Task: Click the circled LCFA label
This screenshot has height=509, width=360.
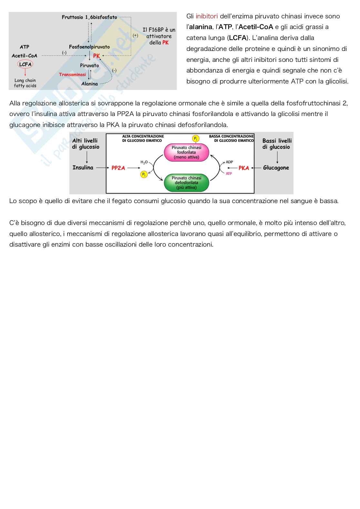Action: pyautogui.click(x=25, y=64)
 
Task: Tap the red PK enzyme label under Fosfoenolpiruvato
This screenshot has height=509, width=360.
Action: pyautogui.click(x=96, y=56)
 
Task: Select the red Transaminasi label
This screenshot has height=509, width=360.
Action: pyautogui.click(x=72, y=74)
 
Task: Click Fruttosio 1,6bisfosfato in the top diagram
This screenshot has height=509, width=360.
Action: pyautogui.click(x=89, y=17)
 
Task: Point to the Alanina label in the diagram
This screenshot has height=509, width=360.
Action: pyautogui.click(x=89, y=84)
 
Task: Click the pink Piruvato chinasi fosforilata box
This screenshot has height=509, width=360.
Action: pyautogui.click(x=186, y=152)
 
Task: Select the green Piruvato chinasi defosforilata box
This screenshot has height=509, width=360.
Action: pyautogui.click(x=186, y=182)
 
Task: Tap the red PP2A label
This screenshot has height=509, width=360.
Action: pyautogui.click(x=118, y=168)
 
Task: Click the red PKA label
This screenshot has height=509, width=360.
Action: pyautogui.click(x=244, y=168)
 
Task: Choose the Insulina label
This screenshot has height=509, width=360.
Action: pyautogui.click(x=83, y=168)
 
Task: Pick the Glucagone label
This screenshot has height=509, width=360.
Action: pyautogui.click(x=276, y=168)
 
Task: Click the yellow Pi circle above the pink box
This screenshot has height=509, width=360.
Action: pyautogui.click(x=195, y=139)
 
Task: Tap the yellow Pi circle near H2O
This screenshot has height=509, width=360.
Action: pyautogui.click(x=144, y=174)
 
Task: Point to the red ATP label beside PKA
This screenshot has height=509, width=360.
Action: pyautogui.click(x=229, y=174)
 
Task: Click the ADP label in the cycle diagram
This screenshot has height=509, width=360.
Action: pyautogui.click(x=229, y=162)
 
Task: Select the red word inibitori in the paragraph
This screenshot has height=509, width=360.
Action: pyautogui.click(x=206, y=16)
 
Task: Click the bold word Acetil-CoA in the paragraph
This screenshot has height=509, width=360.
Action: pyautogui.click(x=255, y=27)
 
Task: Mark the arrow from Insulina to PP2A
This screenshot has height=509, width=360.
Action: pyautogui.click(x=103, y=168)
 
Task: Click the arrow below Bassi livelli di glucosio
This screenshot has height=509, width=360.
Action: pyautogui.click(x=277, y=157)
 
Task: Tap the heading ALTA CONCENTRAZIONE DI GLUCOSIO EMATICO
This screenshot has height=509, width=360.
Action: pyautogui.click(x=143, y=138)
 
